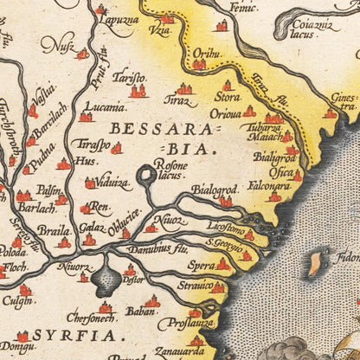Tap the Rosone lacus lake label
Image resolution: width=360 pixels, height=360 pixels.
(170, 168)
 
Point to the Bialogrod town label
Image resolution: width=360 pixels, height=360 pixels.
(215, 190)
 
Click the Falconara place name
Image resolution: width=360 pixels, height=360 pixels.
(271, 186)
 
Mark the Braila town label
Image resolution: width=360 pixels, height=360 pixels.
(54, 231)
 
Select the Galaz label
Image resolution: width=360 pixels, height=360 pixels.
(90, 228)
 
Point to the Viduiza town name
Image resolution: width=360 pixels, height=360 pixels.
(112, 183)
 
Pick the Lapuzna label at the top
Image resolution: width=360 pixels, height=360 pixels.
(118, 19)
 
